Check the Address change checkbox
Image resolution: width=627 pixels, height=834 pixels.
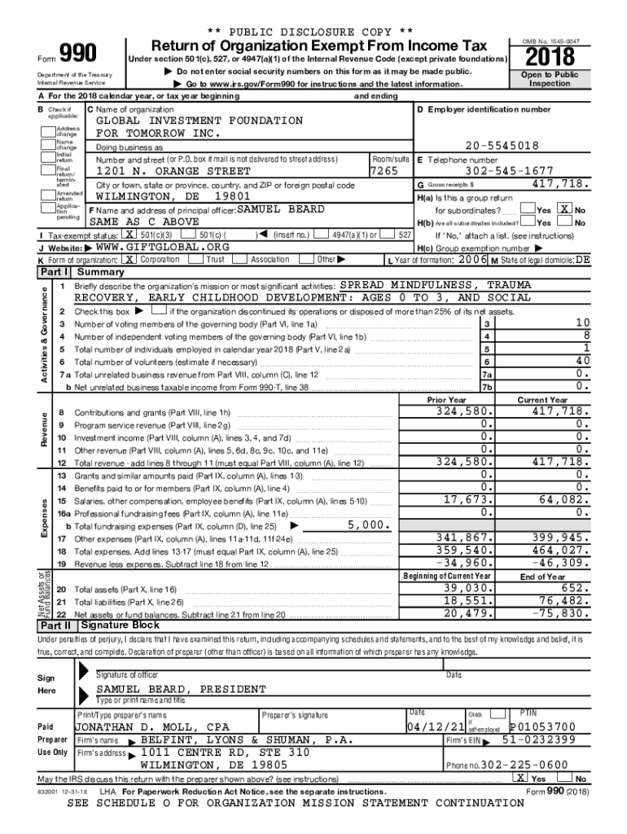(47, 129)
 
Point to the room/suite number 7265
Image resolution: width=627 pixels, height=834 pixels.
(384, 172)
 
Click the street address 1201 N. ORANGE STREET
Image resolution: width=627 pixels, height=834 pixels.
(173, 172)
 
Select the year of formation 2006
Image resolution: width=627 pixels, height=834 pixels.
(473, 259)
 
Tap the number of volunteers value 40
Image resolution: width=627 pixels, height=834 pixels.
(581, 361)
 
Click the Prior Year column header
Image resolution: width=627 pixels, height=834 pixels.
(446, 400)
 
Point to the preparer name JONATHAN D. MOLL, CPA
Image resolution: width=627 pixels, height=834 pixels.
(151, 726)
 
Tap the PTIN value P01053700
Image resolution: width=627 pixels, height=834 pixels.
(541, 726)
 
